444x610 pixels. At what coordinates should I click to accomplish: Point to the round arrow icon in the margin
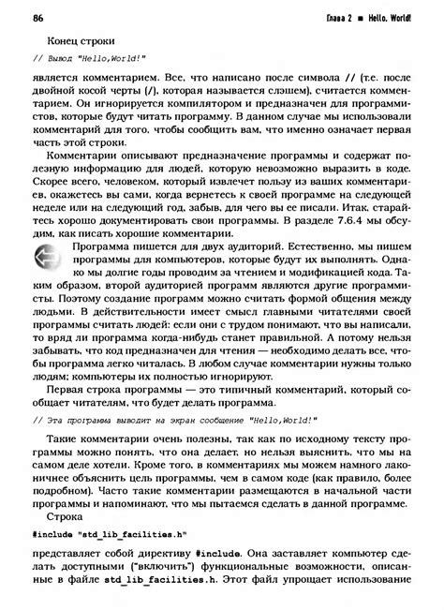click(x=46, y=257)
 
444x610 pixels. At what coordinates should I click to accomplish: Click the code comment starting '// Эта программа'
click(x=174, y=422)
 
